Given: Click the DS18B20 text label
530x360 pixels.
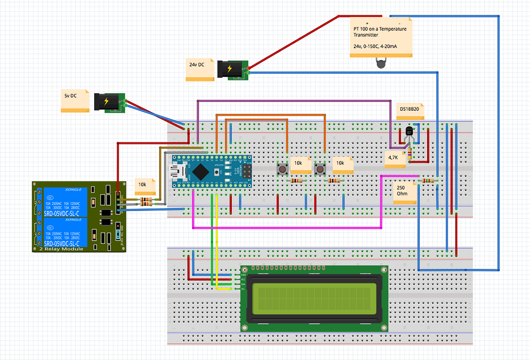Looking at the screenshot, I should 413,109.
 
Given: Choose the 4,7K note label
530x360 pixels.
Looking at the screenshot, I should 395,158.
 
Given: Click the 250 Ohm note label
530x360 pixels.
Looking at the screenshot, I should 405,191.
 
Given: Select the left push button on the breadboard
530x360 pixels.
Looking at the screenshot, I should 281,168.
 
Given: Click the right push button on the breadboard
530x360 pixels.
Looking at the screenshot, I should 320,168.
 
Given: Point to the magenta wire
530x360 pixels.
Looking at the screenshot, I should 287,228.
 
